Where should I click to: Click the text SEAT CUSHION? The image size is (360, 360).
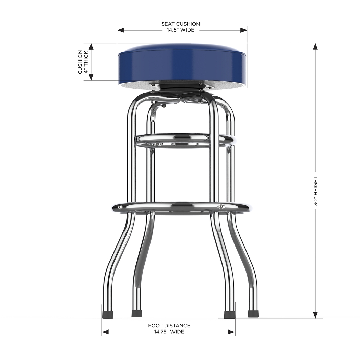(181, 24)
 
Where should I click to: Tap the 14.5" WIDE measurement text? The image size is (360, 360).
(181, 30)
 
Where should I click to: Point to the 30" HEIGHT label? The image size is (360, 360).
(315, 191)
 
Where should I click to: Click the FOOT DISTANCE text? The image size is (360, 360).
(169, 326)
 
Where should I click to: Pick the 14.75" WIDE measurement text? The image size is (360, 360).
(169, 332)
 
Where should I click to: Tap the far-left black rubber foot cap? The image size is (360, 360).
(108, 314)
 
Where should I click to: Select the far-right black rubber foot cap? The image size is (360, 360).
(253, 314)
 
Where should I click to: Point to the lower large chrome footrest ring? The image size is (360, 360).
(181, 207)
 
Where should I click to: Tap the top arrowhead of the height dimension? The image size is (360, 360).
(315, 46)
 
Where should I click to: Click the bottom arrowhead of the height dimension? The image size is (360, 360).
(315, 315)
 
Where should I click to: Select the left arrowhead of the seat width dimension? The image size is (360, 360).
(120, 30)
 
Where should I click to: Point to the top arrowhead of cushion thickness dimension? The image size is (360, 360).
(91, 46)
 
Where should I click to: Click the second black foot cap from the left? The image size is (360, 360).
(137, 314)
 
